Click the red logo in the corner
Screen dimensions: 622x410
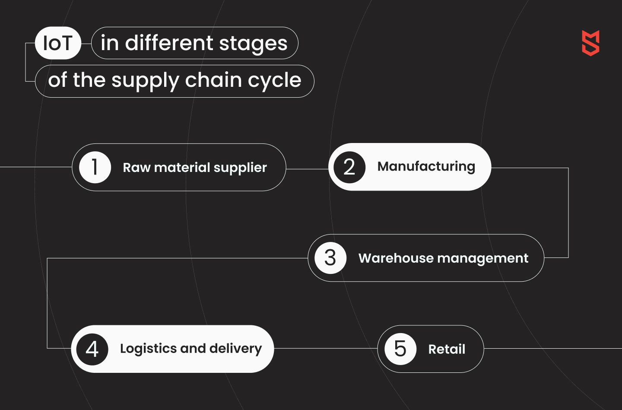coord(590,43)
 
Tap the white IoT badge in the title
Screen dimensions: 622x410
coord(58,43)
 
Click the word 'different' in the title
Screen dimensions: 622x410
coord(169,43)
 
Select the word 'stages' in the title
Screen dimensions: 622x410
coord(253,44)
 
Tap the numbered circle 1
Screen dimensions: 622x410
coord(95,167)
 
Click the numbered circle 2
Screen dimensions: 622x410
coord(349,167)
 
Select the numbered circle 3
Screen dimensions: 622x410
coord(330,258)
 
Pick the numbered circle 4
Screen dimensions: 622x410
coord(92,349)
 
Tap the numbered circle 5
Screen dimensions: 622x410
coord(400,349)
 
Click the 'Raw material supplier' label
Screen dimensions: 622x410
coord(195,168)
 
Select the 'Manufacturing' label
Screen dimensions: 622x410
coord(426,167)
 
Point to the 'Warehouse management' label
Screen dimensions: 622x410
coord(444,258)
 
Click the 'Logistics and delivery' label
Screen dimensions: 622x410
coord(191,349)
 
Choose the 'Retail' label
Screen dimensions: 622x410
coord(447,349)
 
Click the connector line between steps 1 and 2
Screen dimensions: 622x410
coord(307,169)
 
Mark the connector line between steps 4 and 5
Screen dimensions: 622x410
coord(326,348)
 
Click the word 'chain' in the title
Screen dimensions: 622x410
coord(213,80)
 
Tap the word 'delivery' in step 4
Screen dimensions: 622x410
coord(235,349)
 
